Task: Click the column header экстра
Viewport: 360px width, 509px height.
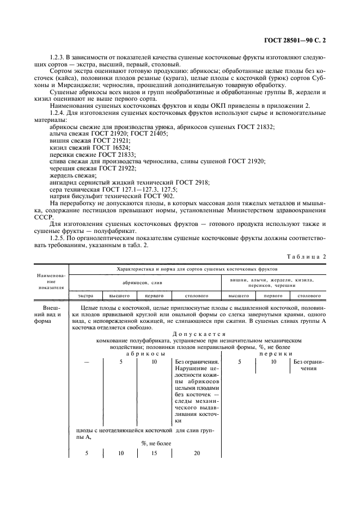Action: point(86,296)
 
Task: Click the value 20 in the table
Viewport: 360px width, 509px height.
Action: point(197,453)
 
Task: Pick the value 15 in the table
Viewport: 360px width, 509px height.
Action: point(155,453)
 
